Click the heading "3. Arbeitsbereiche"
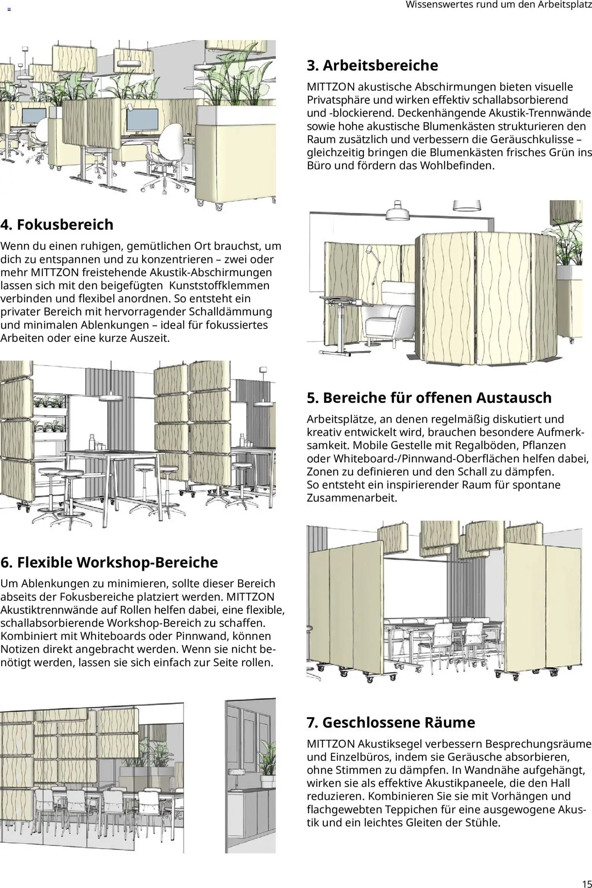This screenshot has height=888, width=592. [372, 65]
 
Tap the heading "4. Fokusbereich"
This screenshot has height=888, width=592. [57, 225]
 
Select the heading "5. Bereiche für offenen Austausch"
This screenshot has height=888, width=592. [429, 398]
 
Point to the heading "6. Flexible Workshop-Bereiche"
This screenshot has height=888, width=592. [109, 562]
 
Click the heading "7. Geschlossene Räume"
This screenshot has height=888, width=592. [391, 722]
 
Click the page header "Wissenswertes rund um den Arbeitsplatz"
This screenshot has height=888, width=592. [498, 5]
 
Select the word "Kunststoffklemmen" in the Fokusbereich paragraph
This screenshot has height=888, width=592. [219, 286]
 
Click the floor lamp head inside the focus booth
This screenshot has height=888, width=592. [369, 249]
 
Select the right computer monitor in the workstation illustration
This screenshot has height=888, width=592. [142, 119]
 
